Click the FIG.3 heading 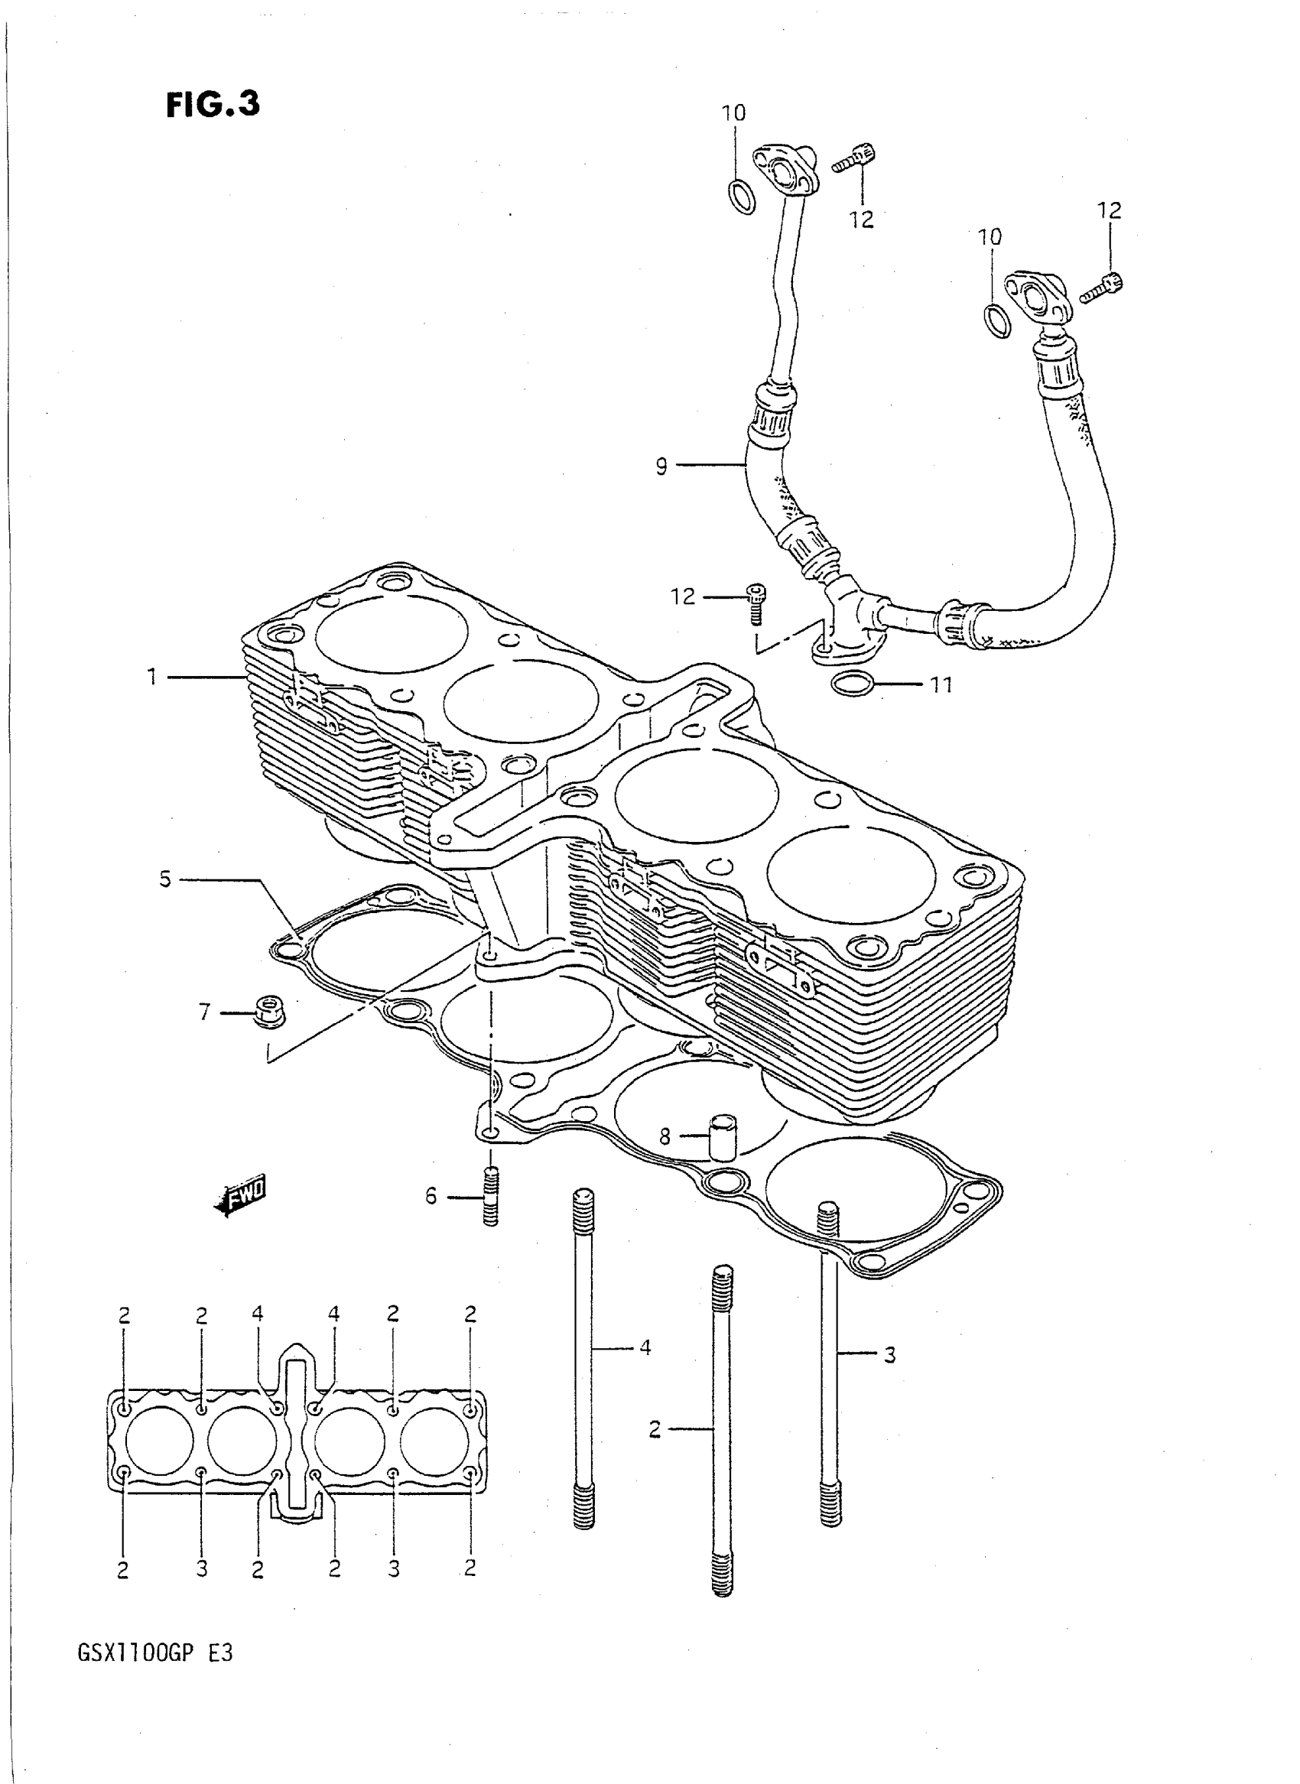pos(213,105)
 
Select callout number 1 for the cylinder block pos(152,676)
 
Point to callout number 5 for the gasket pos(164,879)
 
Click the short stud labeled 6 pos(490,1197)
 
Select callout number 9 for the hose pos(661,466)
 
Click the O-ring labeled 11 pos(851,684)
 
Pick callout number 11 pos(941,684)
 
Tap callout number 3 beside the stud pos(889,1355)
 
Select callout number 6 pos(431,1197)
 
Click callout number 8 pos(665,1136)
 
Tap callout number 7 pos(205,1011)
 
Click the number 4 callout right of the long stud pos(645,1348)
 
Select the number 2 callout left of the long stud pos(655,1429)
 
